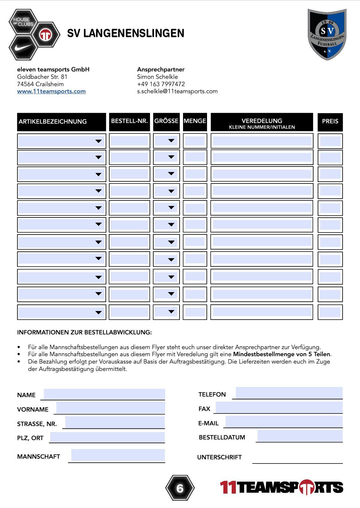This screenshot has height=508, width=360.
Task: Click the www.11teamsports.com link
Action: coord(51,91)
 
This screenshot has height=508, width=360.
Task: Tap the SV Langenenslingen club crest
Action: coord(327,34)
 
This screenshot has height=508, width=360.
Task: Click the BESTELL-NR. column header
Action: coord(129,121)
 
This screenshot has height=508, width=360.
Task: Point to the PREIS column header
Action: coord(330,122)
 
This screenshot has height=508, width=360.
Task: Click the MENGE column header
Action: coord(195,121)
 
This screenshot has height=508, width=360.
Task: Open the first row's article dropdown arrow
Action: coord(99,141)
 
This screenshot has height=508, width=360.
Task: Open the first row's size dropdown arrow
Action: coord(171,141)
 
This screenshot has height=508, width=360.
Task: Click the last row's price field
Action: coord(330,312)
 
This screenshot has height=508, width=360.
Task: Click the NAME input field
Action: coord(104,394)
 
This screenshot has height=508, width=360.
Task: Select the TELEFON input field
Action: coord(289,393)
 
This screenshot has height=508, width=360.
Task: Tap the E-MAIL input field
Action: coord(284,422)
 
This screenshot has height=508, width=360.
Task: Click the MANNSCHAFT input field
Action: coord(118,455)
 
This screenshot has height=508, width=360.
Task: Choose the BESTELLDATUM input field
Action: coord(300,436)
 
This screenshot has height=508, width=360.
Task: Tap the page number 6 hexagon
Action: coord(180,488)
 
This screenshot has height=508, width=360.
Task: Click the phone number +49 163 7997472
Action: coord(161,84)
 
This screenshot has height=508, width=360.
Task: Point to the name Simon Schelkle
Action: coord(157,77)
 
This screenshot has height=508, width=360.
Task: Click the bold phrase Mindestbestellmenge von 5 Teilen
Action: coord(282,354)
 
